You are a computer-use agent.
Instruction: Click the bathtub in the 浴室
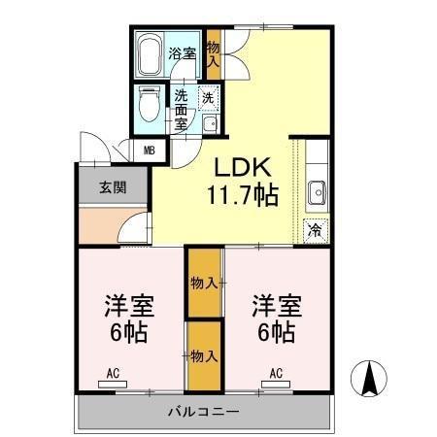pos(150,56)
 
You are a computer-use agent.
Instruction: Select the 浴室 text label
pos(182,54)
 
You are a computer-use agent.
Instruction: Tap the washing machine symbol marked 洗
pos(207,96)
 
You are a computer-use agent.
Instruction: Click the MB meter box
pos(150,151)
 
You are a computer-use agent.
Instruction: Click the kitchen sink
pos(316,192)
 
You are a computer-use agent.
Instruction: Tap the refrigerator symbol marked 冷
pos(315,231)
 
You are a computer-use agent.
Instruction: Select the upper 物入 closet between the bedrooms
pos(204,283)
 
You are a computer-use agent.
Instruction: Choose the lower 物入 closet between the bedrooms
pos(204,356)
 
